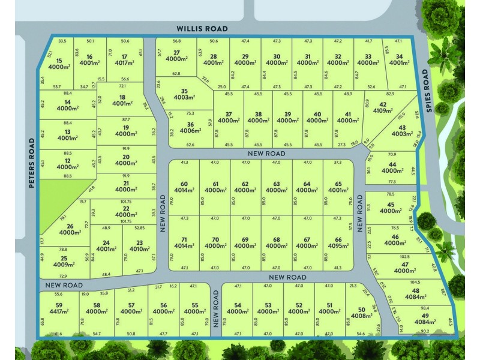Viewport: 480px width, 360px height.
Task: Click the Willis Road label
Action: pos(202,28)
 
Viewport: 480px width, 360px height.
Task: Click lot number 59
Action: pos(58,305)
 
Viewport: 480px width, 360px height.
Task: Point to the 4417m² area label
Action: pos(58,311)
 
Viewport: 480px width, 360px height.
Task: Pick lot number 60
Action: pos(184,184)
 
